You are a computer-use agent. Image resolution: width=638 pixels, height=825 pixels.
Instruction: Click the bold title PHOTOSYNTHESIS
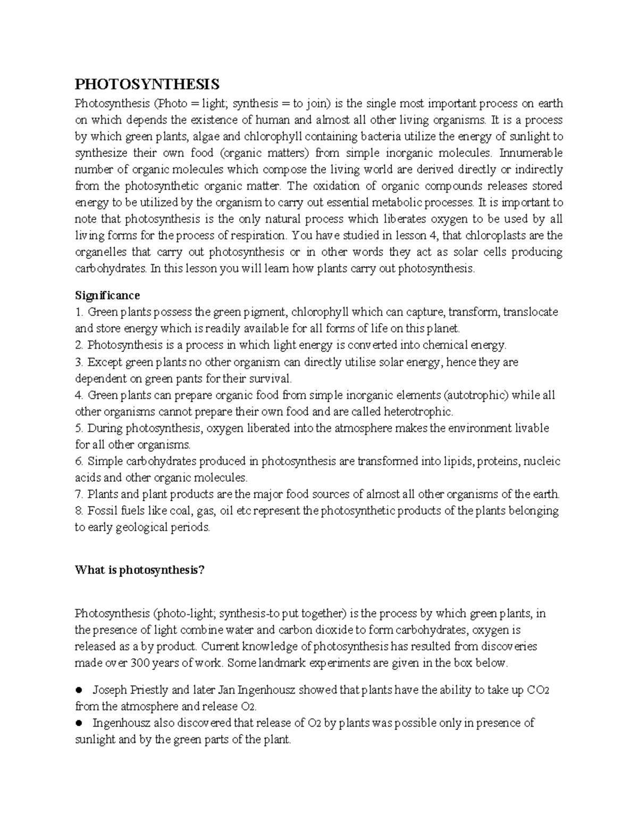pyautogui.click(x=147, y=84)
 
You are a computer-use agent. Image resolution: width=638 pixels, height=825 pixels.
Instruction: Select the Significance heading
pyautogui.click(x=107, y=295)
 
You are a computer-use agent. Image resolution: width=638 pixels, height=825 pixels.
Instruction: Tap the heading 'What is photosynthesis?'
pyautogui.click(x=139, y=570)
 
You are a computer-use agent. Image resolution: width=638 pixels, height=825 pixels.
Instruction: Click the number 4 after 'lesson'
pyautogui.click(x=434, y=235)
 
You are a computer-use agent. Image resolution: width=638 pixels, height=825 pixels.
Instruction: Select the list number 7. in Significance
pyautogui.click(x=80, y=494)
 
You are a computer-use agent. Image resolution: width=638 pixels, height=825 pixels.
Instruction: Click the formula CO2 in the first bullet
pyautogui.click(x=538, y=690)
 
